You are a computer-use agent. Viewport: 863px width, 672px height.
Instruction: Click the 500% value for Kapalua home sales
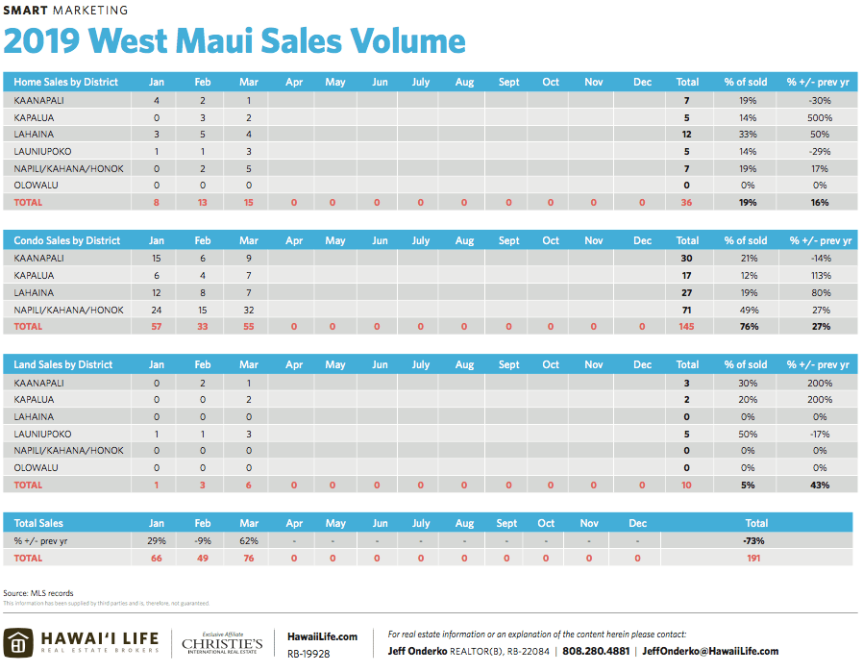tap(820, 117)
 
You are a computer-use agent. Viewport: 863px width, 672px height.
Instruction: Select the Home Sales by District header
tap(66, 82)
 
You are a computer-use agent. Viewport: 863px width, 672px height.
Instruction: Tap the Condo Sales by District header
tap(67, 240)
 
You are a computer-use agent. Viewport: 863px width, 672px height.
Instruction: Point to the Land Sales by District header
tap(64, 364)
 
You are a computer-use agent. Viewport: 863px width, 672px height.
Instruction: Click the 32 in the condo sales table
tap(249, 310)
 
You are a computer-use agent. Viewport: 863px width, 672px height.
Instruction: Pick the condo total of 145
tap(687, 327)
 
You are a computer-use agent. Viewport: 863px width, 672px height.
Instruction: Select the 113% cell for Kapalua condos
tap(820, 275)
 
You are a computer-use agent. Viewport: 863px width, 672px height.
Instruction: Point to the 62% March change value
tap(249, 540)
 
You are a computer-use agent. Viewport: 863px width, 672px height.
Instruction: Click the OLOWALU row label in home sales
tap(35, 186)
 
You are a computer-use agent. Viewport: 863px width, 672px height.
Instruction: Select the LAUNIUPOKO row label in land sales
tap(42, 434)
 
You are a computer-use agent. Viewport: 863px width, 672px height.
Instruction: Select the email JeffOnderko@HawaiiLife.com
tap(710, 651)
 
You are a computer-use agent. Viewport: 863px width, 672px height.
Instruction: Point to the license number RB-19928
tap(308, 653)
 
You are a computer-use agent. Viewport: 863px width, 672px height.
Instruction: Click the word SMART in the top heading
tap(24, 11)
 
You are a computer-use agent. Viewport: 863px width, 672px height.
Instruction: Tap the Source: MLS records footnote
tap(38, 593)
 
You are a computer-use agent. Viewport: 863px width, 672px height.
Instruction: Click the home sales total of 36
tap(687, 203)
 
